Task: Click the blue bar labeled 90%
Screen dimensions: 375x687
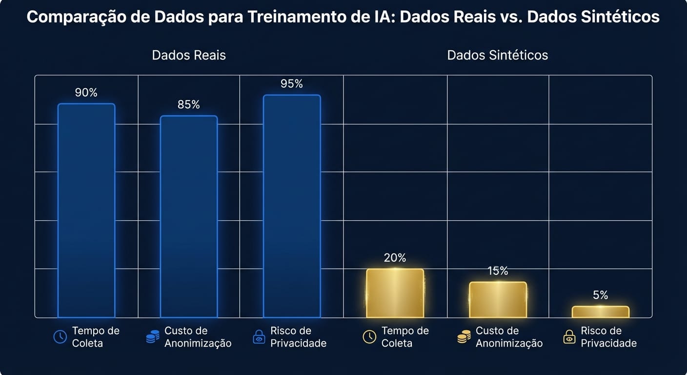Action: pyautogui.click(x=86, y=211)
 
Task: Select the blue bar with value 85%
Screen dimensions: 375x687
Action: pyautogui.click(x=189, y=217)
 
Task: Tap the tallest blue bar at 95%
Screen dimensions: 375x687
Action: pyautogui.click(x=292, y=207)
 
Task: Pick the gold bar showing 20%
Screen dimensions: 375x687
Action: pyautogui.click(x=395, y=293)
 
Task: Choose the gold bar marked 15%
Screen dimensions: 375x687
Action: pyautogui.click(x=498, y=300)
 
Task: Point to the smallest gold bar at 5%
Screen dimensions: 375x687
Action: pyautogui.click(x=600, y=312)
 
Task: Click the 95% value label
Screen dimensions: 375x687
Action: pyautogui.click(x=292, y=84)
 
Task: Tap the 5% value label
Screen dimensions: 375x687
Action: pyautogui.click(x=600, y=295)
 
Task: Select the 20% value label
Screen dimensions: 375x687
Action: pyautogui.click(x=395, y=258)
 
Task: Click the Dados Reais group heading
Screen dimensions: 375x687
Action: pyautogui.click(x=189, y=55)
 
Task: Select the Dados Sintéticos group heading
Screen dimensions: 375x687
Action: pyautogui.click(x=497, y=55)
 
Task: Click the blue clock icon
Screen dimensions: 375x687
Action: pyautogui.click(x=60, y=337)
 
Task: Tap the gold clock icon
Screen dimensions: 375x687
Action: pyautogui.click(x=369, y=337)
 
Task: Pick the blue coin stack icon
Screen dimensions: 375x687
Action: pyautogui.click(x=153, y=337)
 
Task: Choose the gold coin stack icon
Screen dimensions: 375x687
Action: pyautogui.click(x=464, y=337)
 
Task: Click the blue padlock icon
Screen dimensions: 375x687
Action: pyautogui.click(x=259, y=337)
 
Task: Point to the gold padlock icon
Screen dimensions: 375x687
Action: pyautogui.click(x=569, y=337)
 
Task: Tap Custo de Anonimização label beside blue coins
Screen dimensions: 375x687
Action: pyautogui.click(x=198, y=337)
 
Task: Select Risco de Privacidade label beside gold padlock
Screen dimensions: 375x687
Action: pyautogui.click(x=608, y=337)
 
